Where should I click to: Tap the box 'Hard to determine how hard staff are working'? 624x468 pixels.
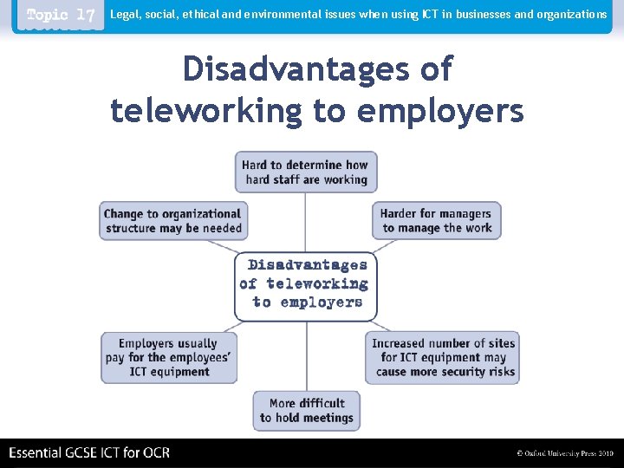(304, 172)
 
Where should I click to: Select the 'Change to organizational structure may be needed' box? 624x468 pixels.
(173, 221)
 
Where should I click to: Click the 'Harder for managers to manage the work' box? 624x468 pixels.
(437, 221)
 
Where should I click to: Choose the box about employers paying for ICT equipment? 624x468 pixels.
(169, 357)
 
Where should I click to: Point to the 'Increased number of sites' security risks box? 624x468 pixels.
(443, 357)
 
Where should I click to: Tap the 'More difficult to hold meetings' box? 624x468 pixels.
(306, 410)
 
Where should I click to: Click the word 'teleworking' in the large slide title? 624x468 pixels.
(206, 110)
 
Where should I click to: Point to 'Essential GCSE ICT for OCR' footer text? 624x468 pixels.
(89, 452)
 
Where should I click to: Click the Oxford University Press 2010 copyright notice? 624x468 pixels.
(564, 453)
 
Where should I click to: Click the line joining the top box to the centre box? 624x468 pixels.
(305, 222)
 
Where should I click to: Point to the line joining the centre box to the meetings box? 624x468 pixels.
(305, 355)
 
